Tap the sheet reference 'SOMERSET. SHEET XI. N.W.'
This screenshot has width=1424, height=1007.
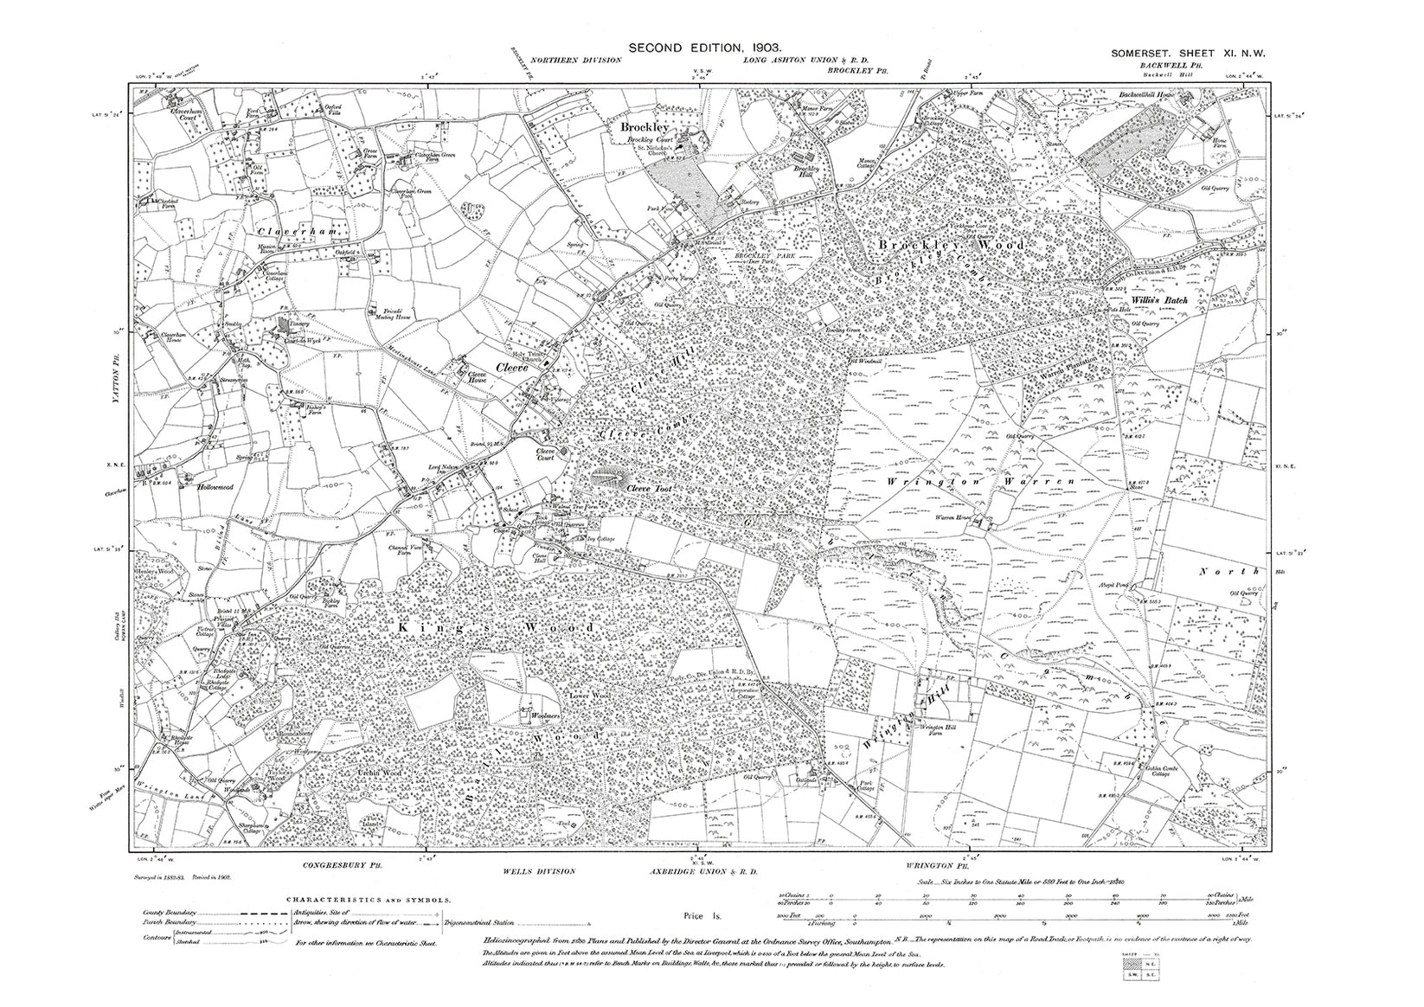coord(1189,54)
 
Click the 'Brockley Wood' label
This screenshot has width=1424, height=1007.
coord(951,246)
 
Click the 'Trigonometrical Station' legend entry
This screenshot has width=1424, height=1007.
coord(484,924)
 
